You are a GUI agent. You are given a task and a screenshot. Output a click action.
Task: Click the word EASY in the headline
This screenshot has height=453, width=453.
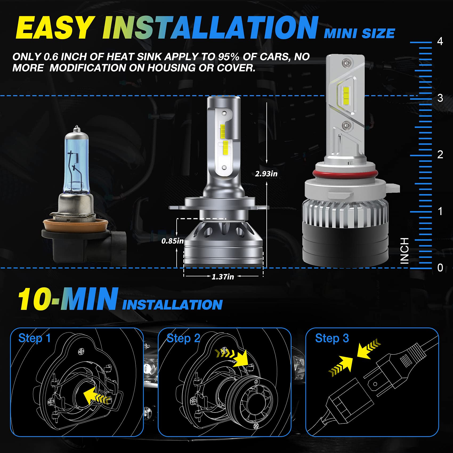pyautogui.click(x=55, y=28)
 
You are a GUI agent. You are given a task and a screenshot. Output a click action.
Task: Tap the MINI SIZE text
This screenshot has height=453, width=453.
pyautogui.click(x=359, y=34)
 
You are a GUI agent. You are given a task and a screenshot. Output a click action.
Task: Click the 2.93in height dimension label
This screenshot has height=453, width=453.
pyautogui.click(x=266, y=174)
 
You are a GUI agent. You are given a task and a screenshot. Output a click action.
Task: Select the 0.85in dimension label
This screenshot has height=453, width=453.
pyautogui.click(x=172, y=241)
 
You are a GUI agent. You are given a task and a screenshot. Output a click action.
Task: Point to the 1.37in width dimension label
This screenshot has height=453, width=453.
pyautogui.click(x=223, y=277)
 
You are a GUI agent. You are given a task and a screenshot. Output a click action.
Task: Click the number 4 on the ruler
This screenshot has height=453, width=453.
pyautogui.click(x=440, y=41)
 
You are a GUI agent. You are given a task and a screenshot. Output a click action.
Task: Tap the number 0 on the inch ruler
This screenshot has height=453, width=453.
pyautogui.click(x=440, y=268)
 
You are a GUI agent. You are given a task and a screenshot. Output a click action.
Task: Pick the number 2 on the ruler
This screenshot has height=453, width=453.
pyautogui.click(x=440, y=155)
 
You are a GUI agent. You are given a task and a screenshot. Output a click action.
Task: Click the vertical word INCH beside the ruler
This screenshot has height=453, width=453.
pyautogui.click(x=405, y=251)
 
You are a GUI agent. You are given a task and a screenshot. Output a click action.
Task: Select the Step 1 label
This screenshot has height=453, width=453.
pyautogui.click(x=34, y=338)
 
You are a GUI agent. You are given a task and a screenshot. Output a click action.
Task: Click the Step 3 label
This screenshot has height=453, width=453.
pyautogui.click(x=332, y=338)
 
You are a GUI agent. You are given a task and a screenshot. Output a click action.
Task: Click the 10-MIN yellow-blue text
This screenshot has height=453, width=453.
pyautogui.click(x=68, y=299)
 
